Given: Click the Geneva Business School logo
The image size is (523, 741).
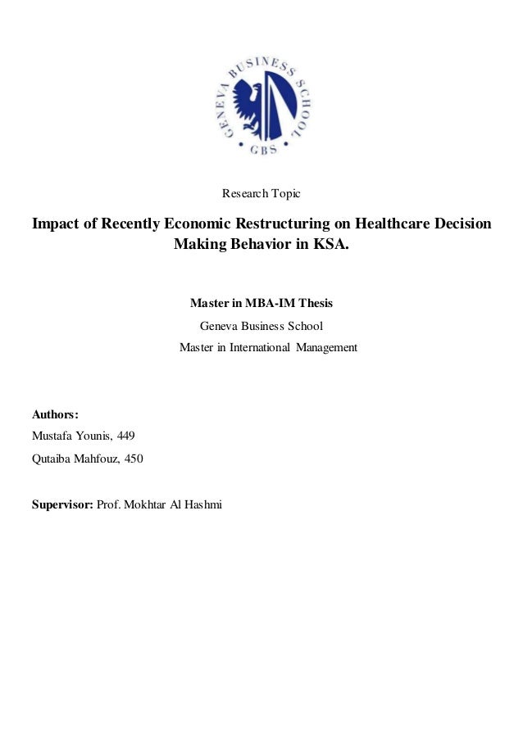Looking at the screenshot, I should click(261, 104).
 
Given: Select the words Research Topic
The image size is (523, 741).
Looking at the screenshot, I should click(261, 194).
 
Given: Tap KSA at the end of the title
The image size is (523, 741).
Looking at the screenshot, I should click(330, 244).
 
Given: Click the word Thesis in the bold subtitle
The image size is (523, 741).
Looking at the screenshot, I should click(315, 303).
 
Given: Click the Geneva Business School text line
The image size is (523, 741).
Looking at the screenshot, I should click(261, 325).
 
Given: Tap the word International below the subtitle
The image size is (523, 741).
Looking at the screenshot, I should click(259, 347).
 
